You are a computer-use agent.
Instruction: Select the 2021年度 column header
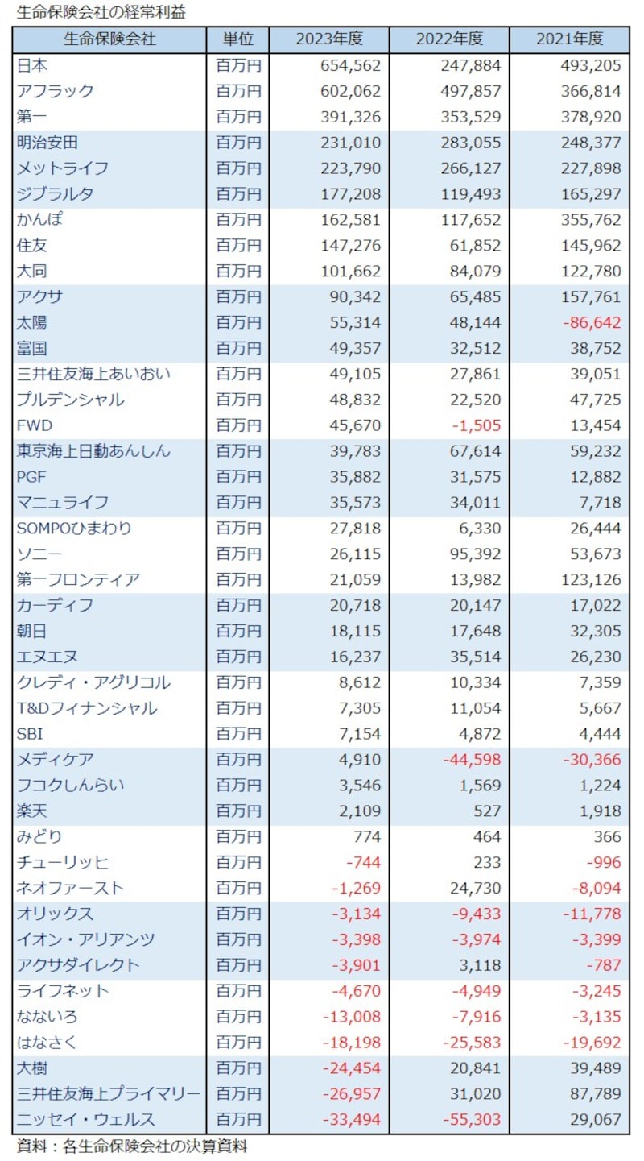(x=570, y=39)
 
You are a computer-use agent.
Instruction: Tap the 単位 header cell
(x=237, y=39)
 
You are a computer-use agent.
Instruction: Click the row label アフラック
(x=55, y=91)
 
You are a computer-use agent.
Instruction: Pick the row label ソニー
(x=39, y=554)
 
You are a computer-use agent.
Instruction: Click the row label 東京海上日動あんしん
(x=93, y=451)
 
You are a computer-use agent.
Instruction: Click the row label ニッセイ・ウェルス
(x=86, y=1119)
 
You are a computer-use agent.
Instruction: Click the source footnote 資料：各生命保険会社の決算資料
(x=132, y=1146)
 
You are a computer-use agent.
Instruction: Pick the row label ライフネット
(x=63, y=990)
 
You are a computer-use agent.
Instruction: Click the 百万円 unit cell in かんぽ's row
(x=237, y=219)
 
